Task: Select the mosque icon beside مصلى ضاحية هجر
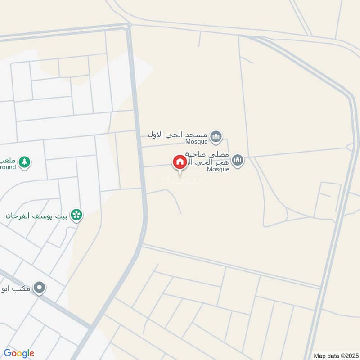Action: [x=238, y=160]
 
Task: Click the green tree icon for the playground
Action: [x=25, y=161]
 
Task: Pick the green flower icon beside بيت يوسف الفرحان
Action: [x=76, y=215]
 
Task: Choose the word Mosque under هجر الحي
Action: [x=218, y=169]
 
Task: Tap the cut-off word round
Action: [x=8, y=167]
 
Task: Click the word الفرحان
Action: [x=18, y=216]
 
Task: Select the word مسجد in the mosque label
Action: [x=197, y=135]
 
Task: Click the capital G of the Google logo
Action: [x=8, y=353]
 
